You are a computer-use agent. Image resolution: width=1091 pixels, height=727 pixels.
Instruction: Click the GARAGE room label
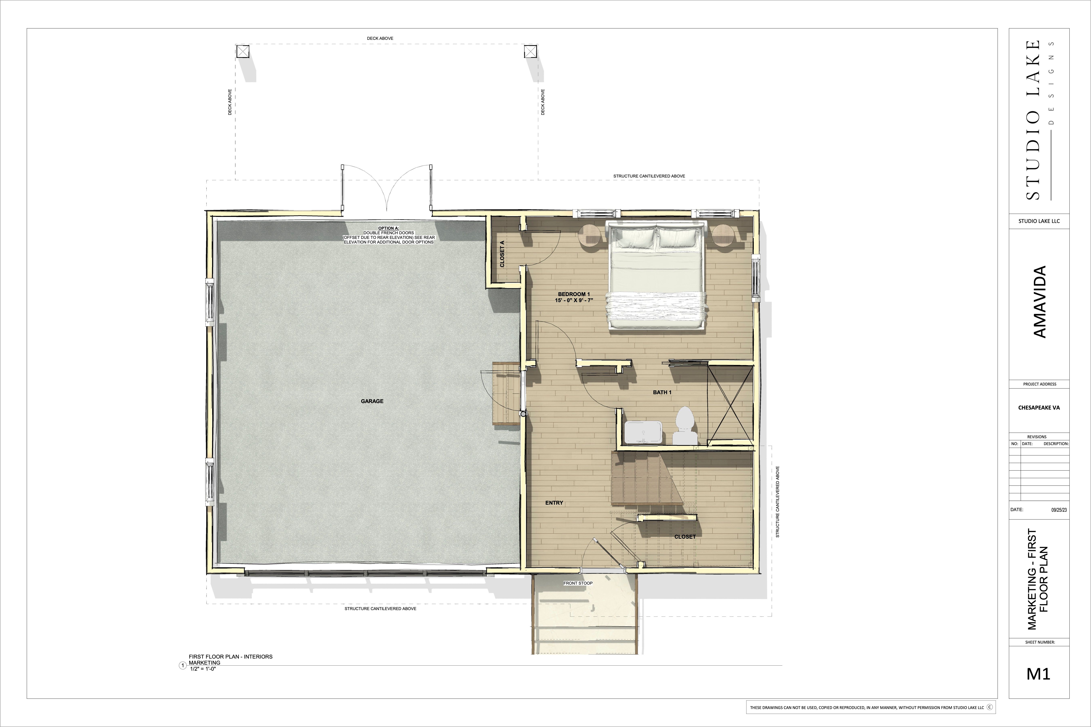372,401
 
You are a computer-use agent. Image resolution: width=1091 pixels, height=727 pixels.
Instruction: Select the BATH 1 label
662,392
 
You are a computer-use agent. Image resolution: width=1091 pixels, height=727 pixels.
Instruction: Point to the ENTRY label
554,503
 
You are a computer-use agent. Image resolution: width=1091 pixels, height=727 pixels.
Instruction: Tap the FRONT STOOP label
578,583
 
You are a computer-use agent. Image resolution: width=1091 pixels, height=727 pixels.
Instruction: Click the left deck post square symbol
243,51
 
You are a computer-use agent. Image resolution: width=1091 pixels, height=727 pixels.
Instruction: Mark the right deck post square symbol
531,51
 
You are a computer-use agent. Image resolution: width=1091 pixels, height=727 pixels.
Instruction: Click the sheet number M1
1038,674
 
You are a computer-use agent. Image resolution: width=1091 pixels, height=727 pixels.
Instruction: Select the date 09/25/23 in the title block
1059,510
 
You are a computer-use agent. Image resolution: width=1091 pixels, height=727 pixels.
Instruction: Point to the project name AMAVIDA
1040,302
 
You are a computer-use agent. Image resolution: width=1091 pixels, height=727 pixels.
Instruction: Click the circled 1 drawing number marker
183,666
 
